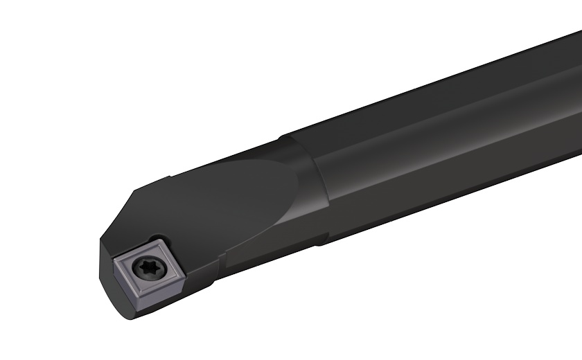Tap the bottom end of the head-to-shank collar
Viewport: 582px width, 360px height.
pyautogui.click(x=320, y=242)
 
